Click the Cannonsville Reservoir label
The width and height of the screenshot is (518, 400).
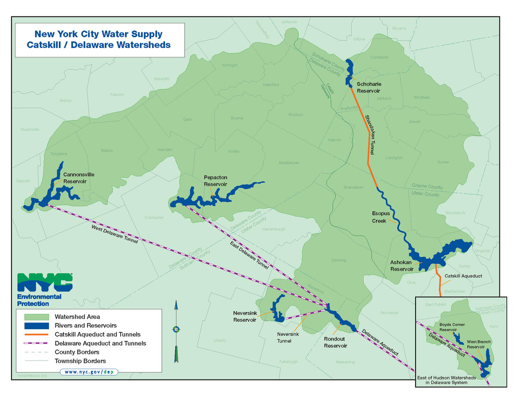(79, 178)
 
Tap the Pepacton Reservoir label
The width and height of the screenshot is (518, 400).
(215, 181)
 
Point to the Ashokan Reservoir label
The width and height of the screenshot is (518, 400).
(402, 265)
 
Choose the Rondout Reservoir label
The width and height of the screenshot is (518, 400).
(335, 342)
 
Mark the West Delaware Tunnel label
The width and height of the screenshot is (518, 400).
(114, 234)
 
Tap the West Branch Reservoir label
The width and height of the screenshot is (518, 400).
(479, 344)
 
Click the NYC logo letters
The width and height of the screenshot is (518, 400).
(44, 282)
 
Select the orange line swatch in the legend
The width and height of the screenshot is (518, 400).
(37, 334)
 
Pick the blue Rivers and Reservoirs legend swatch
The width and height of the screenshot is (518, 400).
(37, 325)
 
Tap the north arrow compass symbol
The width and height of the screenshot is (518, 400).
(176, 330)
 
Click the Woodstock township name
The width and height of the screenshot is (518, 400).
(455, 213)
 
